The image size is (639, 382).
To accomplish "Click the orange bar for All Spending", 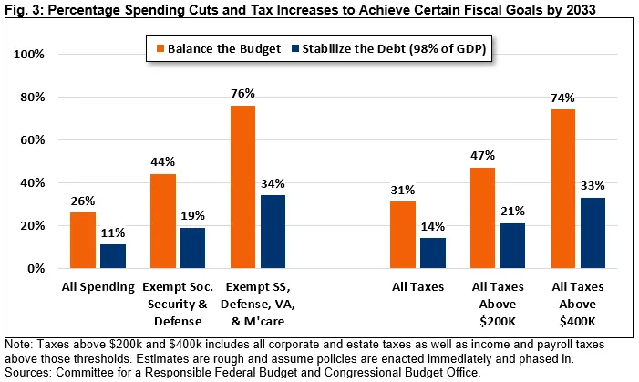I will point(82,241).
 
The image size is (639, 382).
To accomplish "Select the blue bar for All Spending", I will point(113,256).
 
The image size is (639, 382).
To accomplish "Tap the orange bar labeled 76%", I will point(242,187).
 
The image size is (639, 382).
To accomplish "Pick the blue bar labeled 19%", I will point(192,248).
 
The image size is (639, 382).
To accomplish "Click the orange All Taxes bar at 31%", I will point(403,235).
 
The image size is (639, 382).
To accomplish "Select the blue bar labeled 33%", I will point(593,233).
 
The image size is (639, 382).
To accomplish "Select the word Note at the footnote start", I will point(17,345).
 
